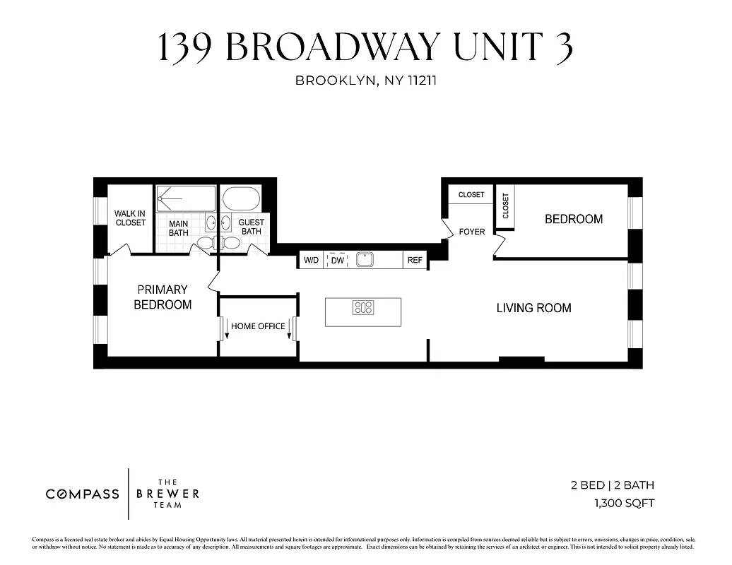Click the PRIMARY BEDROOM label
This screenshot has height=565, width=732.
163,297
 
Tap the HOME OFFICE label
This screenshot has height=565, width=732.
258,326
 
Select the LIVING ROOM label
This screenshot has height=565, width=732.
533,308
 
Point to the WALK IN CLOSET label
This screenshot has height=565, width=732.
130,218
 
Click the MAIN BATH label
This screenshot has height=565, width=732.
179,228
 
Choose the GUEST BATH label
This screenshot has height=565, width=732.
251,227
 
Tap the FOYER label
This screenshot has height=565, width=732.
472,232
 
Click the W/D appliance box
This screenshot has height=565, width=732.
311,261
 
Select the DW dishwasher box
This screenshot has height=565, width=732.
338,261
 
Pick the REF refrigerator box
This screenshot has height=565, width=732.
415,261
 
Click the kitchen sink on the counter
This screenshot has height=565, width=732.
365,260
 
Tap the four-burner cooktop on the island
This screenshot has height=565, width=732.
363,308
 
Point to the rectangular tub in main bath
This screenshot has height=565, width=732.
185,198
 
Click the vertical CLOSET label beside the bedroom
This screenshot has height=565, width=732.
505,206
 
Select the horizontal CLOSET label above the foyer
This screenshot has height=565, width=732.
471,195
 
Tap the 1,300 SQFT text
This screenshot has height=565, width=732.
624,504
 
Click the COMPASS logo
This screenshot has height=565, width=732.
83,494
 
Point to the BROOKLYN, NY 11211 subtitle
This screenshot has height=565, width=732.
366,81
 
